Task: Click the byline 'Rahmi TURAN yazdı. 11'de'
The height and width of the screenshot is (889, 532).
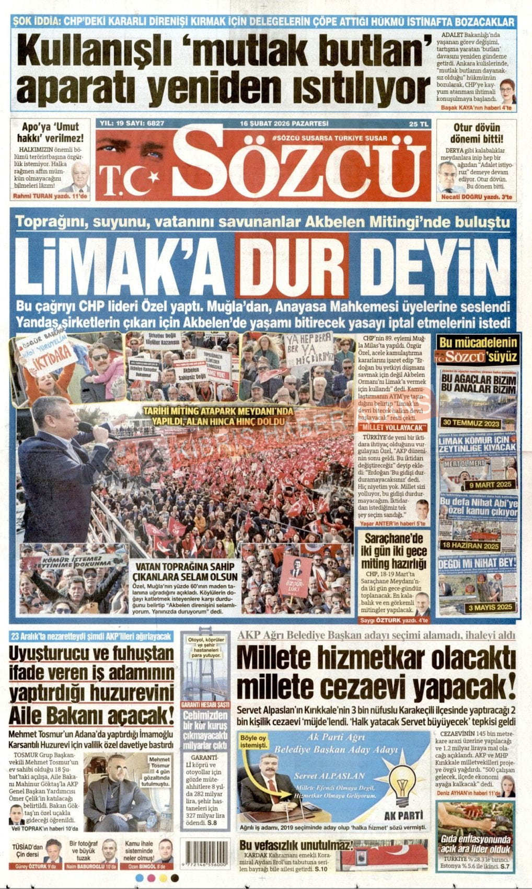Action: (50, 197)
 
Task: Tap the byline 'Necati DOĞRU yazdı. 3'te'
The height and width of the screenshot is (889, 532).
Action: (476, 197)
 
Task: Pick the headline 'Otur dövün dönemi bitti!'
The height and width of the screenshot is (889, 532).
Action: (476, 133)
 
